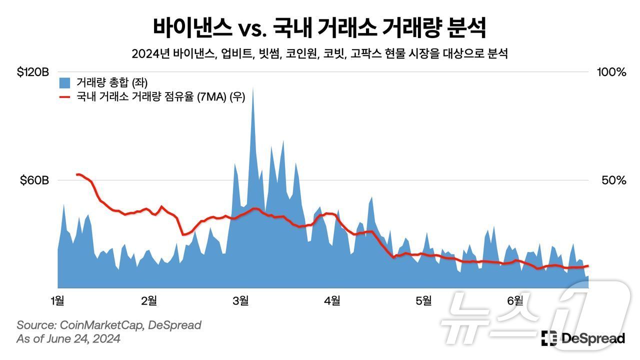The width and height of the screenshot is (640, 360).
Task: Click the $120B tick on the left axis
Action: click(32, 72)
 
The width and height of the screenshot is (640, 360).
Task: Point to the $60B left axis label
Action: click(34, 180)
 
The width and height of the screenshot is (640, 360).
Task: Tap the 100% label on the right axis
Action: click(611, 72)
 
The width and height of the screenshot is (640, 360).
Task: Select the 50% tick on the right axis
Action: click(613, 180)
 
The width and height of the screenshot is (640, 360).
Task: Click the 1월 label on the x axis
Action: click(57, 300)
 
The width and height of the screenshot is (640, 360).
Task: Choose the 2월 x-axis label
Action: click(149, 300)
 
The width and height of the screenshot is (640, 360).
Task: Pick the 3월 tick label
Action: click(240, 300)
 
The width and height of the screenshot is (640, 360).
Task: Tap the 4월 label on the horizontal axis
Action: click(332, 300)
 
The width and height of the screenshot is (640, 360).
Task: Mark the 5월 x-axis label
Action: click(423, 300)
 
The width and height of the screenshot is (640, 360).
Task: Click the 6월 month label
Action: click(515, 300)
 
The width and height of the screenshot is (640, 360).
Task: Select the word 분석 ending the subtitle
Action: click(498, 54)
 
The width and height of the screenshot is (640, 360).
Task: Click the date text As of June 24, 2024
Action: click(68, 339)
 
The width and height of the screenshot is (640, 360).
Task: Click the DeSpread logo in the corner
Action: click(583, 338)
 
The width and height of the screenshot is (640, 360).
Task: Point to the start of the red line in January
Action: click(77, 174)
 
